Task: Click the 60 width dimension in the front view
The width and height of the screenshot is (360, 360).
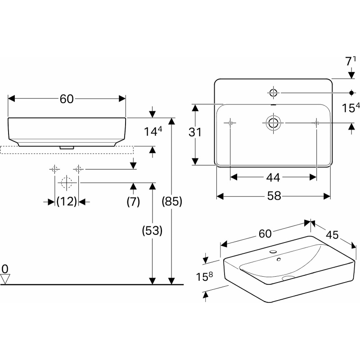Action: click(67, 99)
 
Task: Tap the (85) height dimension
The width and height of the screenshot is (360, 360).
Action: click(172, 202)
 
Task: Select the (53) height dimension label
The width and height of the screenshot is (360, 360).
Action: click(152, 231)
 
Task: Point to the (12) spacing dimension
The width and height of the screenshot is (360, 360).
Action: click(67, 201)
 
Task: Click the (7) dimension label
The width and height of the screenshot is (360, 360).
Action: click(133, 202)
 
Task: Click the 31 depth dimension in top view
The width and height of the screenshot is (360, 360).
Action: click(195, 132)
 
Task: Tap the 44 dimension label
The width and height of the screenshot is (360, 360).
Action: click(273, 177)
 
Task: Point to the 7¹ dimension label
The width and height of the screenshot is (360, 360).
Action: click(351, 61)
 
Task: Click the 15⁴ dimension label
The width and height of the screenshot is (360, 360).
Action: click(351, 108)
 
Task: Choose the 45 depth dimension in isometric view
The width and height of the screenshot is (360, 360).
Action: click(332, 234)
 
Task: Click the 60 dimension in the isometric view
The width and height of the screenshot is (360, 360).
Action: click(265, 234)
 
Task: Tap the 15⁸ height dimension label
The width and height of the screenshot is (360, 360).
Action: click(204, 276)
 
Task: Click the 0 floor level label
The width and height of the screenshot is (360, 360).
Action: click(5, 269)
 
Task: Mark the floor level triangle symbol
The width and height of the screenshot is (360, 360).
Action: click(5, 279)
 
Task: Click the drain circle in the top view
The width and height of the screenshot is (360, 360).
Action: click(274, 123)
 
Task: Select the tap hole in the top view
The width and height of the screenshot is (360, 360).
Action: click(274, 93)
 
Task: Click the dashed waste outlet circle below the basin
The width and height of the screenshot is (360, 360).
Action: click(67, 183)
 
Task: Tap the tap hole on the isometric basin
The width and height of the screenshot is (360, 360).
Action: click(273, 252)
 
